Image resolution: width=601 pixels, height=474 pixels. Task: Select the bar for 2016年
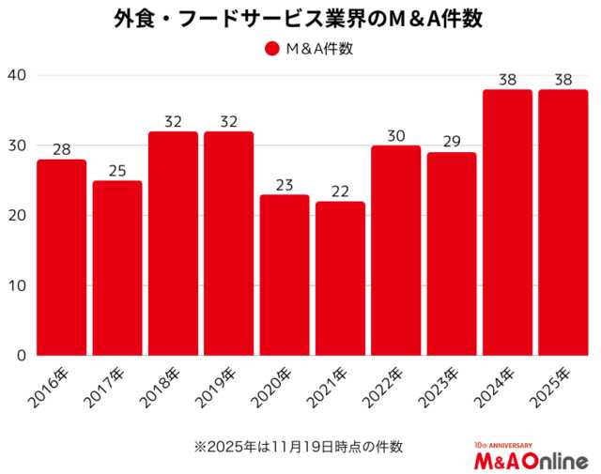62,257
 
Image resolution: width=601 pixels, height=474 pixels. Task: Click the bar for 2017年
117,268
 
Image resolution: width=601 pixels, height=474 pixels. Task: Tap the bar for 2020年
285,275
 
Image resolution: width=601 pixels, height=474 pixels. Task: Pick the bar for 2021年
340,279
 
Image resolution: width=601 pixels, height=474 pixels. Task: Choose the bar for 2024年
507,222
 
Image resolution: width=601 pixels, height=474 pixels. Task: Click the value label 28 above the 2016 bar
62,148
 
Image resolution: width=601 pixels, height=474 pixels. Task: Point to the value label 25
117,170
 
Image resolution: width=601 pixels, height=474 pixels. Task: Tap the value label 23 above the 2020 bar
285,184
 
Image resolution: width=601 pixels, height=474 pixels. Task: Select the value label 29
452,142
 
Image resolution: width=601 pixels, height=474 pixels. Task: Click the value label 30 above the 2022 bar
396,134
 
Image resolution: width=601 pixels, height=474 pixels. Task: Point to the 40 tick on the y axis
18,75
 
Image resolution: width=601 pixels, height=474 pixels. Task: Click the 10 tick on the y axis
18,285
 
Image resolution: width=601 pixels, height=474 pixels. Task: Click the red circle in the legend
272,50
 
